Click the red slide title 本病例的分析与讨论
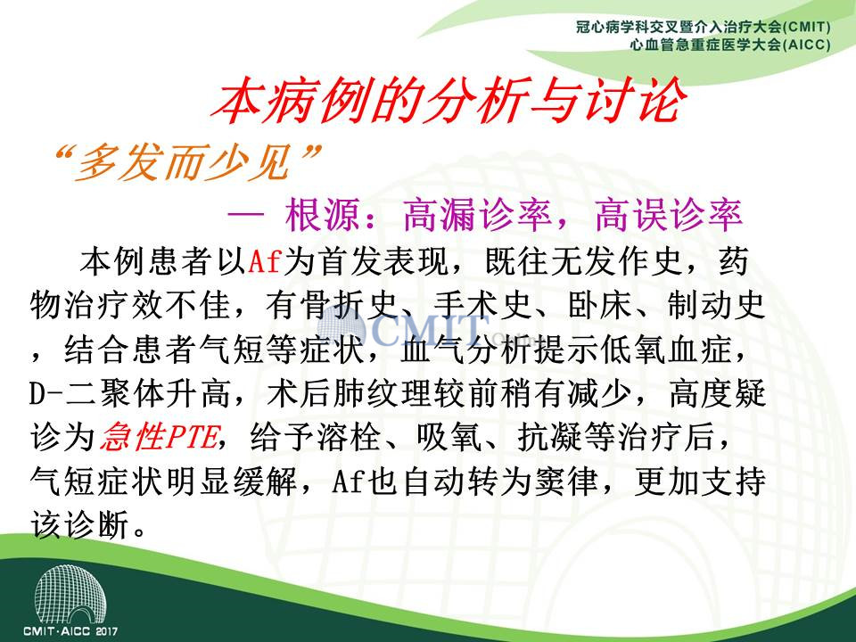coord(449,101)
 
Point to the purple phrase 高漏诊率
coord(478,215)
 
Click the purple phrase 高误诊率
coord(669,215)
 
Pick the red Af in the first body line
coord(264,261)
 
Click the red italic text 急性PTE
coord(160,437)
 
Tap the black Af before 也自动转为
coord(349,481)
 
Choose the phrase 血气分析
coord(465,349)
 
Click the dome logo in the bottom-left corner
coord(70,594)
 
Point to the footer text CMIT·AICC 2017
coord(70,631)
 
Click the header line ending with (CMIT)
coord(704,27)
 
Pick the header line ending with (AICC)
coord(730,45)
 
